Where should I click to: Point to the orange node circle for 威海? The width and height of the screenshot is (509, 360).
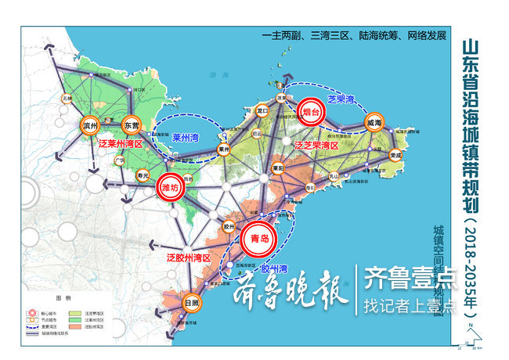coord(375,123)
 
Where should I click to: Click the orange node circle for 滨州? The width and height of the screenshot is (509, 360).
coord(90,125)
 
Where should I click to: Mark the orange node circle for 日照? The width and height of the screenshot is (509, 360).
coord(191,302)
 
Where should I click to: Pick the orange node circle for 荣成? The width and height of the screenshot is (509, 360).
coord(395,155)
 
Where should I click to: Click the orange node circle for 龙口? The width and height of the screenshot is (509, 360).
coord(262,112)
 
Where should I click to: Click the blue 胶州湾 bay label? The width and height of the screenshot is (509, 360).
coord(275,268)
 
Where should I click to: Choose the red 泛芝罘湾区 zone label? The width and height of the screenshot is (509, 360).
coord(316,146)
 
